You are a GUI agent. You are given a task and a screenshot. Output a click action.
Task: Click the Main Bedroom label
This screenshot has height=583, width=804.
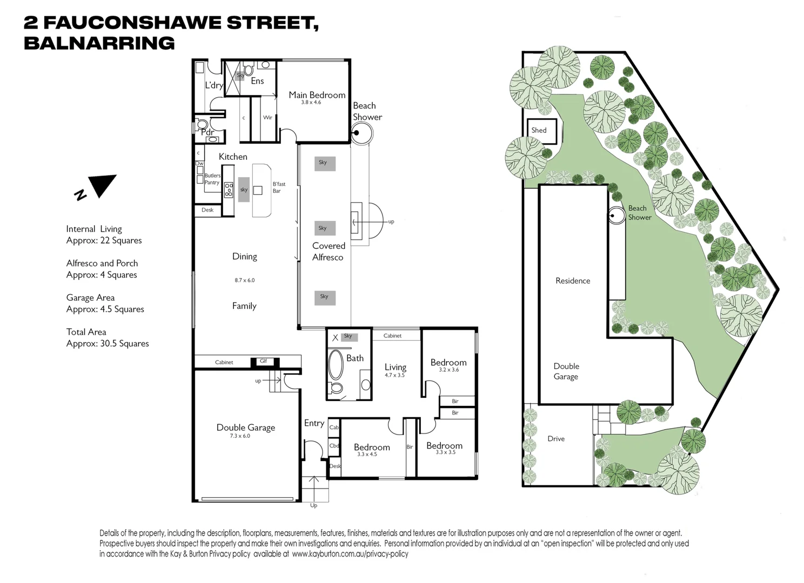pos(317,95)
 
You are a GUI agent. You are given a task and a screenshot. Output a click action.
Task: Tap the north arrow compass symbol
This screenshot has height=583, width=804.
pos(100,186)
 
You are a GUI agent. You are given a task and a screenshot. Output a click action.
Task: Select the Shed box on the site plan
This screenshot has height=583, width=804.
pos(541,131)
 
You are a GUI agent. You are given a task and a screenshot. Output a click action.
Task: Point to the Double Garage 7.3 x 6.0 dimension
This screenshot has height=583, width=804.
pos(240,436)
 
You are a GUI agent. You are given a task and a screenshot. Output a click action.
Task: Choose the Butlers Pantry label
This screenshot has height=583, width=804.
pos(212,179)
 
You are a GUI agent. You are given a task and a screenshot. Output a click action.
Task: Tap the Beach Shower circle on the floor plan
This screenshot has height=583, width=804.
pos(361,133)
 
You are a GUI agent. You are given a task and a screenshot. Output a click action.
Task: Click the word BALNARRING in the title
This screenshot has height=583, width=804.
pos(99,43)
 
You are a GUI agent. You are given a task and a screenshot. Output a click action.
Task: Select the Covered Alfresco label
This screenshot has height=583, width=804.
pos(328,252)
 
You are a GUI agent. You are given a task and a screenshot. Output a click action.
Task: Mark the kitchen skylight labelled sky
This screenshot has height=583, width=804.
pos(244,189)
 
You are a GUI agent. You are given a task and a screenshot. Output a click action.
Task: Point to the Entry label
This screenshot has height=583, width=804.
pos(314,423)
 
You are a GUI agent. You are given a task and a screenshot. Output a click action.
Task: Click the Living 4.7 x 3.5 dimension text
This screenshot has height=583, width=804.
pos(394,375)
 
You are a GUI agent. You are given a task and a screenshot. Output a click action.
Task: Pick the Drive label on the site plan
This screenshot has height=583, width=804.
pos(556,439)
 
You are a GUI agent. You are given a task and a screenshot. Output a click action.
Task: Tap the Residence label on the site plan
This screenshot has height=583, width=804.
pos(573,281)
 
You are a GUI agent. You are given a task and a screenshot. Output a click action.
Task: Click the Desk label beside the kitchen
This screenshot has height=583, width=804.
pos(207,210)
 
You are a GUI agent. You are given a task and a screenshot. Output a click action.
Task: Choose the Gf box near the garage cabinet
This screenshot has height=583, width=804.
pos(264,362)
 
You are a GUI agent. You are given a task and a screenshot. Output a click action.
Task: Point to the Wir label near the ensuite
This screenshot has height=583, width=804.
pos(267,118)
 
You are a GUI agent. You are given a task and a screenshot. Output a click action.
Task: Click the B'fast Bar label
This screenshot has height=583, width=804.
pos(279,187)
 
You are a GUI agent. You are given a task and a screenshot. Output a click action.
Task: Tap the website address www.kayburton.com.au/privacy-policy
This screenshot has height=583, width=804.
pos(350,554)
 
